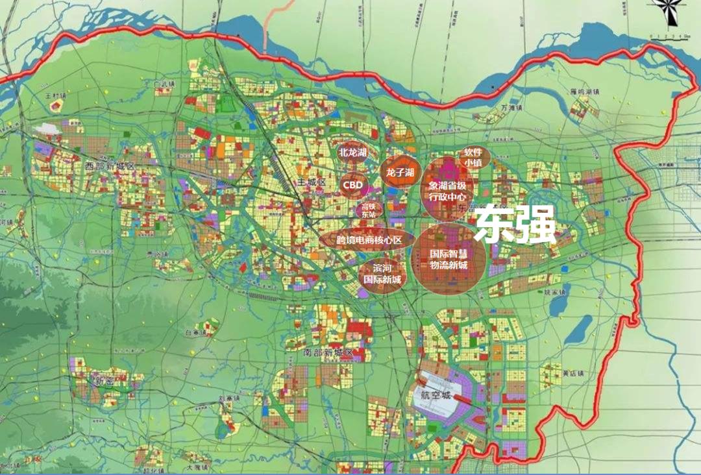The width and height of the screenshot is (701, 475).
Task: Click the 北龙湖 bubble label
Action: [353, 152]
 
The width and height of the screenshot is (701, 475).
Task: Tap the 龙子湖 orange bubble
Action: [400, 172]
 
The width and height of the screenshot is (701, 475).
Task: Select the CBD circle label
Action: [353, 185]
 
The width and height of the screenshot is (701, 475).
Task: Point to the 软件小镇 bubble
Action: [472, 158]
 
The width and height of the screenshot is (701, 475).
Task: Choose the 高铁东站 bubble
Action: [369, 210]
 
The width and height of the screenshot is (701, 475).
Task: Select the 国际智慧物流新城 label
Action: [448, 259]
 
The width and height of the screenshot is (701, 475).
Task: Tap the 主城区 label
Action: [310, 182]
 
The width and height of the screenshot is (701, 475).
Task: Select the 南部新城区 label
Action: [327, 352]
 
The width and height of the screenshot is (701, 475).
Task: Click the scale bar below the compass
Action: [669, 36]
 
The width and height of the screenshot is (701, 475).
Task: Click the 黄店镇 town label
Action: [572, 373]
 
